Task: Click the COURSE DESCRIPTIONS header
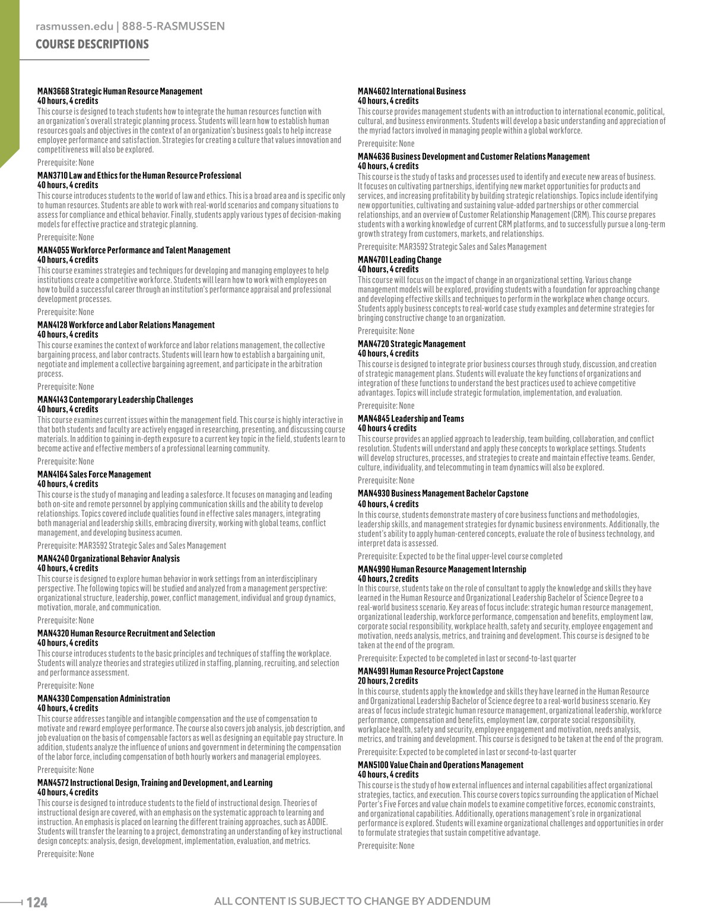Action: pos(92,44)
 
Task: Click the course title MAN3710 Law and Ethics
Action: pos(139,176)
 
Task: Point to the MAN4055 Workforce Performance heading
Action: pos(134,250)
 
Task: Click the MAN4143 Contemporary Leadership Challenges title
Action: pos(115,400)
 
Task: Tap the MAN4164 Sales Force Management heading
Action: pos(94,474)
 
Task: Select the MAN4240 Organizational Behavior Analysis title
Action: pos(109,559)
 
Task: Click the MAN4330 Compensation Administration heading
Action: pos(103,699)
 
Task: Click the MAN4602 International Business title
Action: pos(411,91)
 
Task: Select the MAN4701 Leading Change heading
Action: pos(399,260)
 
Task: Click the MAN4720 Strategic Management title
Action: pos(411,344)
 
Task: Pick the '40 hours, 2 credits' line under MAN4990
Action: pos(388,579)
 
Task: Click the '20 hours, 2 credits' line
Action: pos(388,681)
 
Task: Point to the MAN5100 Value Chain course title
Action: pos(440,765)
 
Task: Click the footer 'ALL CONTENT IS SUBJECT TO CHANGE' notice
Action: pos(352,901)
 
